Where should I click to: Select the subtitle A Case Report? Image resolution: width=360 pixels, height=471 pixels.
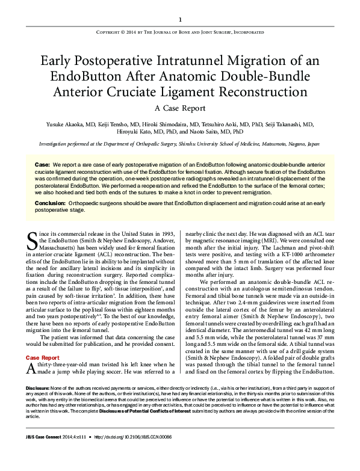[x=179, y=109]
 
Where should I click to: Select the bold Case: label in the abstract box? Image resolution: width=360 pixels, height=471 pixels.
[x=42, y=164]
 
